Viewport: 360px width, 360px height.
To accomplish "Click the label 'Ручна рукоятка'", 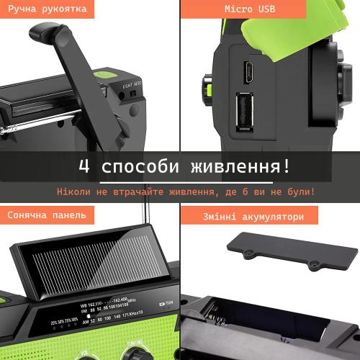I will pyautogui.click(x=48, y=9).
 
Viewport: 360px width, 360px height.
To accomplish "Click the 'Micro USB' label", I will pyautogui.click(x=269, y=9).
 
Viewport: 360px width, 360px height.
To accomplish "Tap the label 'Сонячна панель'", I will pyautogui.click(x=47, y=215).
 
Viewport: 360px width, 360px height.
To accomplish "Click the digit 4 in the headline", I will pyautogui.click(x=84, y=167).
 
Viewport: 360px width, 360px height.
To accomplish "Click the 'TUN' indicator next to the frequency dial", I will pyautogui.click(x=170, y=302).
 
